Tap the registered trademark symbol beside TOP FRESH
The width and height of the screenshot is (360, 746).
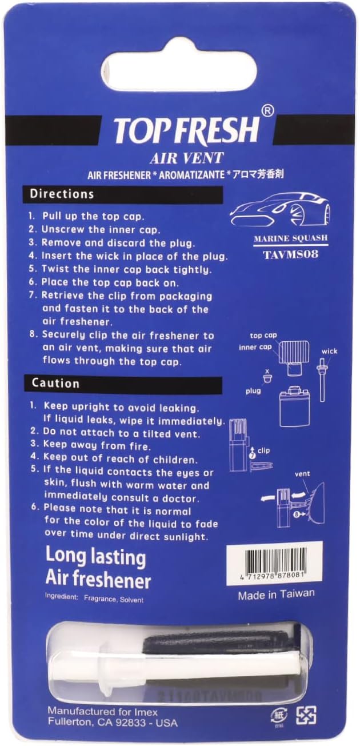pyautogui.click(x=268, y=111)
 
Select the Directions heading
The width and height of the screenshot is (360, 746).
pyautogui.click(x=62, y=194)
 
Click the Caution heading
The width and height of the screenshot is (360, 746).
pyautogui.click(x=55, y=384)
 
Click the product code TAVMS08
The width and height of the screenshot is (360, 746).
pyautogui.click(x=290, y=254)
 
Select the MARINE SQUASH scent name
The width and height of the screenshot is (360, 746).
pyautogui.click(x=291, y=238)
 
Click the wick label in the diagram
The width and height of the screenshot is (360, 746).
pyautogui.click(x=329, y=351)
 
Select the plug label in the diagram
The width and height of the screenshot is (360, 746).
pyautogui.click(x=253, y=391)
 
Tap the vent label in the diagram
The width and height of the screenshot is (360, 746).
pyautogui.click(x=302, y=473)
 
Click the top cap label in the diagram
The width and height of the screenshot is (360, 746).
pyautogui.click(x=263, y=336)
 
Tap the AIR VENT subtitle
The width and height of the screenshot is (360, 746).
pyautogui.click(x=186, y=158)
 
